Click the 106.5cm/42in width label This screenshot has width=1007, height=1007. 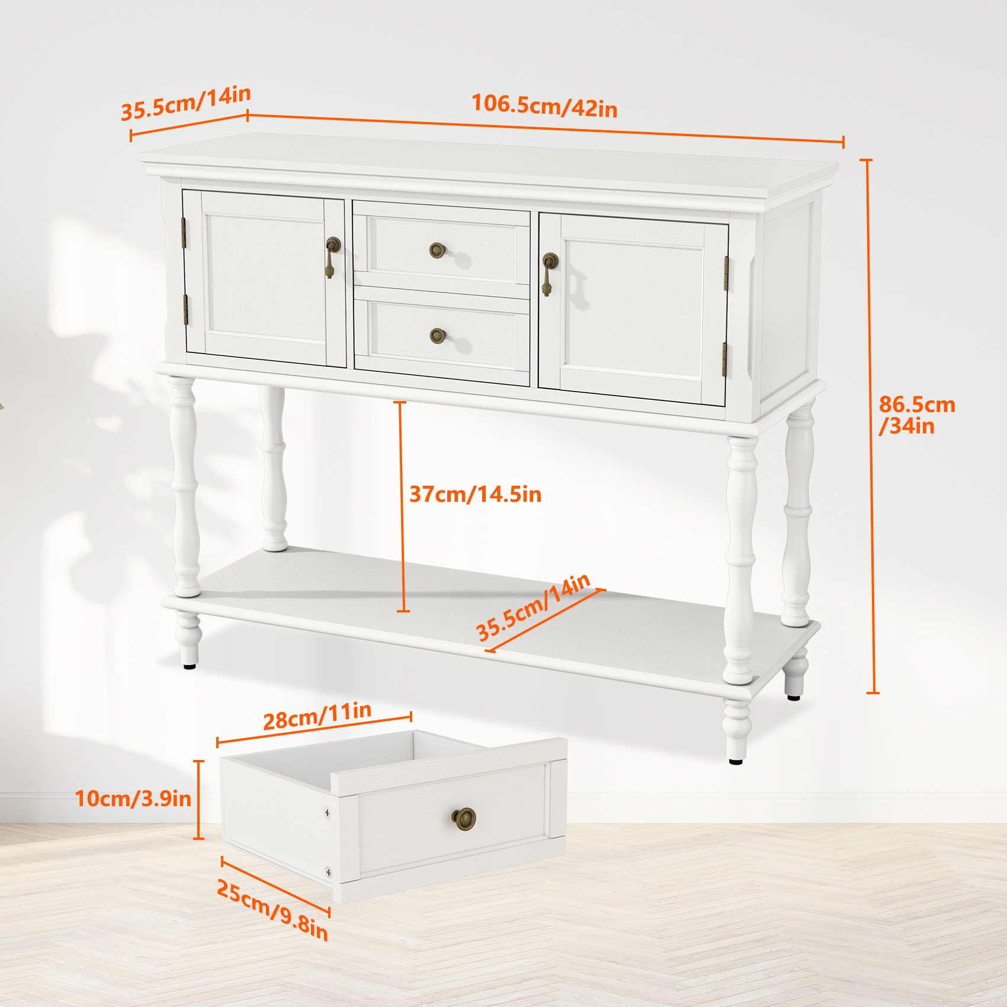point(544,106)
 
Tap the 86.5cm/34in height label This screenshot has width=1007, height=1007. point(916,415)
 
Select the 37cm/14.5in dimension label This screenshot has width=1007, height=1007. point(475,494)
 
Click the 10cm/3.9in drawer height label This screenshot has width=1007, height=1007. point(133,798)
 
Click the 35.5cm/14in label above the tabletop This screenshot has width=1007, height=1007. point(186,102)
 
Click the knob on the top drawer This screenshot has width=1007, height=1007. point(438,249)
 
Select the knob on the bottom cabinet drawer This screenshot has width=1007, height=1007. point(438,336)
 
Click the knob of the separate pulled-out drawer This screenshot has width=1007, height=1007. point(463,818)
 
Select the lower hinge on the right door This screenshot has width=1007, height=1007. point(724,358)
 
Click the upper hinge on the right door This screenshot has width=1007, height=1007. point(726,273)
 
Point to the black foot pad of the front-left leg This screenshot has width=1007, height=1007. point(190,666)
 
